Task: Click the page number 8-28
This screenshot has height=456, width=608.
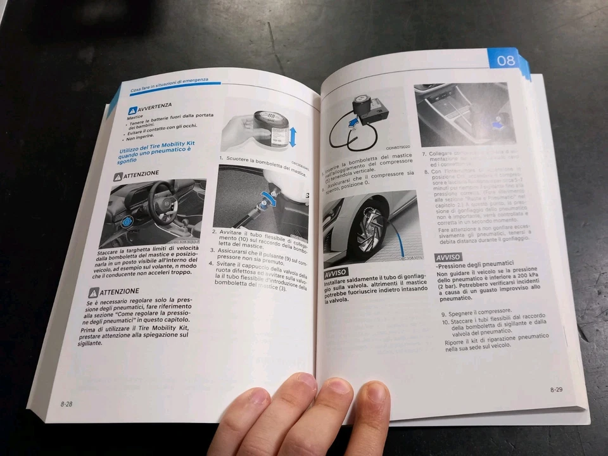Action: (x=66, y=403)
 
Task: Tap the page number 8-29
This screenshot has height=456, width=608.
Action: (x=556, y=389)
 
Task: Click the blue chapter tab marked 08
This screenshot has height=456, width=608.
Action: (x=505, y=60)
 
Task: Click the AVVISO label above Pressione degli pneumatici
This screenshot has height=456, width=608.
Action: (x=448, y=256)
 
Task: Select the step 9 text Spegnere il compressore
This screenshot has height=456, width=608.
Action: (x=476, y=312)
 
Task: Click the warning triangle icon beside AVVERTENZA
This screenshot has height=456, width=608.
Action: (x=132, y=111)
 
